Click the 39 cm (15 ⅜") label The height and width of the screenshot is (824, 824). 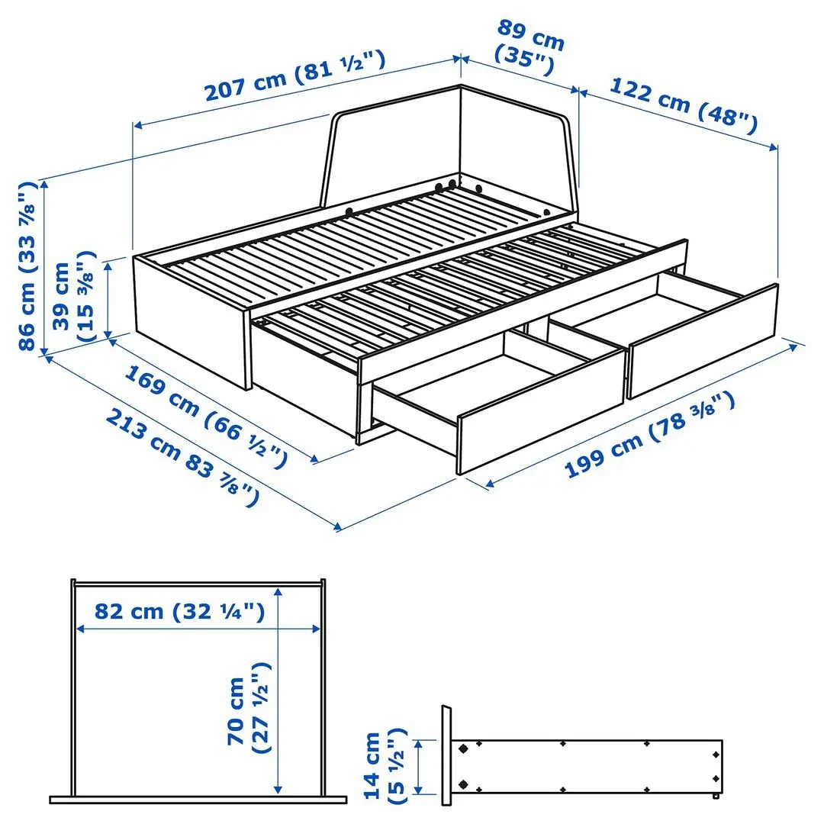(x=74, y=295)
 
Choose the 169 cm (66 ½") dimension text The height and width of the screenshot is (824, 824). (x=206, y=417)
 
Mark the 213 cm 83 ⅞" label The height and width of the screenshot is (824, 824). (x=180, y=458)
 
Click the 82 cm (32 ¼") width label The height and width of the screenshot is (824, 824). (x=180, y=611)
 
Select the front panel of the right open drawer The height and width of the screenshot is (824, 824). (x=702, y=340)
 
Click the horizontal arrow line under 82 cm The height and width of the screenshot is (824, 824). (x=198, y=629)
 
